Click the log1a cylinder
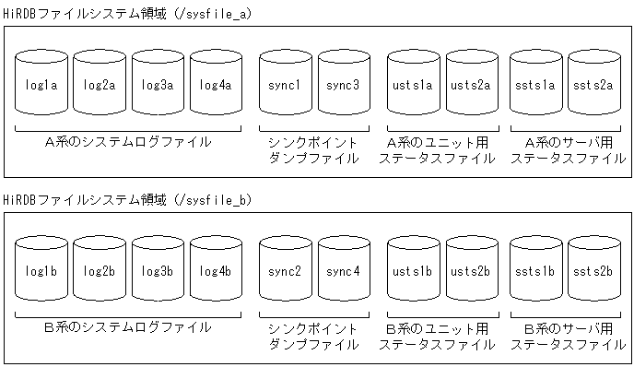tap(42, 85)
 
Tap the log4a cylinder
tap(216, 85)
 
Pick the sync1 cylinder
tap(286, 85)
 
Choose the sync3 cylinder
tap(344, 85)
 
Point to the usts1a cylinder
tap(414, 85)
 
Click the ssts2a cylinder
tap(593, 85)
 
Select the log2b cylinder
tap(100, 270)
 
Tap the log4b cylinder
tap(216, 270)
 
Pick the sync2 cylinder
tap(286, 270)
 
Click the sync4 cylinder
tap(344, 270)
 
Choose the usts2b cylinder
tap(472, 270)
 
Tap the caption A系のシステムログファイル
tap(128, 143)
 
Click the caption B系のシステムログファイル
tap(128, 328)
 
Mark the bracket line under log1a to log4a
tap(128, 129)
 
